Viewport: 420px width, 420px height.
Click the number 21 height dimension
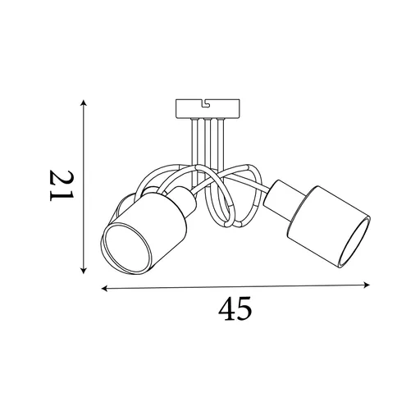(62, 187)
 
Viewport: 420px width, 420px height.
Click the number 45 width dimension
(235, 309)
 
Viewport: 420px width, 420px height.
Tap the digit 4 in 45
(226, 309)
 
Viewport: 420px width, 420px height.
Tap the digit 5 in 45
(244, 309)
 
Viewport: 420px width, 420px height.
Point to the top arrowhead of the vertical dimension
(83, 102)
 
